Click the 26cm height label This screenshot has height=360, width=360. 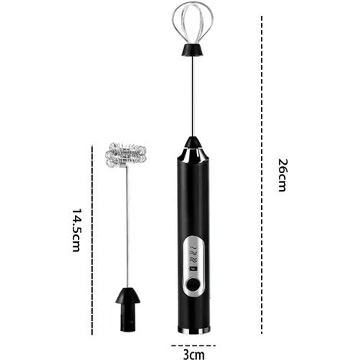282,175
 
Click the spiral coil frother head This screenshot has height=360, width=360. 125,158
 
